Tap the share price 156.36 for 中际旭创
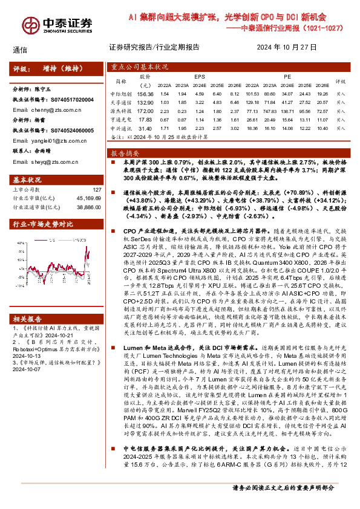tap(146, 94)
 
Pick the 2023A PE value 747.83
tap(271, 111)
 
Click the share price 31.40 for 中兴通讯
tap(145, 128)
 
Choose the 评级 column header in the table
tap(340, 81)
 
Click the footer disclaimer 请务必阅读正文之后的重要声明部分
tap(283, 502)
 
